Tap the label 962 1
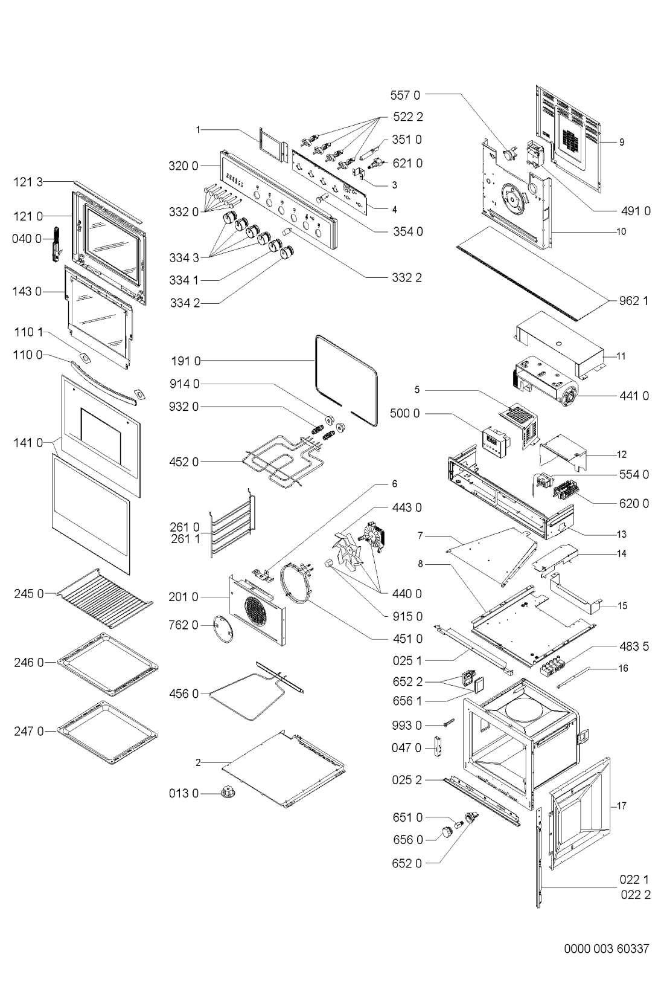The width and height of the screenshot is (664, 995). pos(633,300)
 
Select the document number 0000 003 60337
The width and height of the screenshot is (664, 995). pos(607,948)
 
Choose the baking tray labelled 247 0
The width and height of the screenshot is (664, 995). pos(107,732)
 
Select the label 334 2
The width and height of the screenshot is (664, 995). pos(184,303)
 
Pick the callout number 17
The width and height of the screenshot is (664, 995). pos(622,805)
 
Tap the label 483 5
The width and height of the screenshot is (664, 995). pos(634,646)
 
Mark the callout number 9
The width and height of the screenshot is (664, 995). pos(621,143)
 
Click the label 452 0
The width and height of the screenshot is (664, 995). pos(184,462)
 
